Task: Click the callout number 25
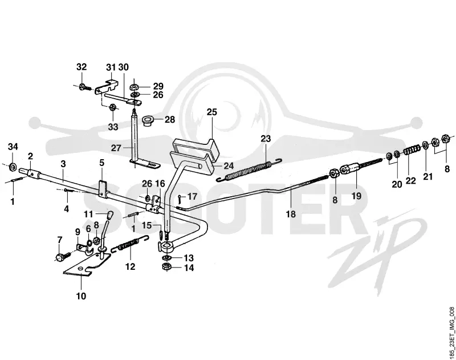coord(212,112)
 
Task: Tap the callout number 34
coord(13,147)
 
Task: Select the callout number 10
coord(82,296)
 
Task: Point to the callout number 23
coord(266,139)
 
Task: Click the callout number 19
coord(357,196)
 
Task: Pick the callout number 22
coord(411,181)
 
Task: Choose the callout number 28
coord(170,120)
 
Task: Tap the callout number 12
coord(131,266)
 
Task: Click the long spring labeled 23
coord(250,170)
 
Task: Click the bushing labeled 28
coord(148,120)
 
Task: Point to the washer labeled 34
coord(13,167)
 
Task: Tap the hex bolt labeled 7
coord(63,257)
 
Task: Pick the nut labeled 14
coord(166,266)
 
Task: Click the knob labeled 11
coord(109,215)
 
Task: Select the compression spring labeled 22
coord(410,150)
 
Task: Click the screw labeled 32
coord(85,87)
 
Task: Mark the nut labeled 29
coord(134,87)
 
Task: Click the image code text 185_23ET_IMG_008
coord(451,332)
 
